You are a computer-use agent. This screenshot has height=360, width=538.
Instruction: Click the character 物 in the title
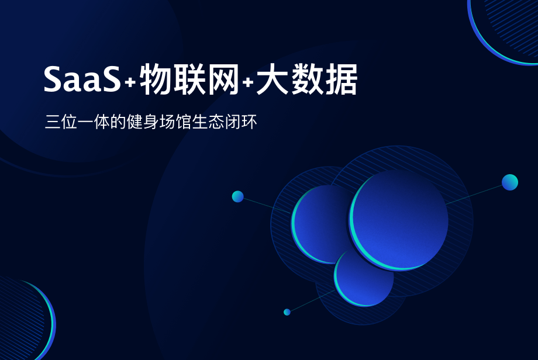[154, 80]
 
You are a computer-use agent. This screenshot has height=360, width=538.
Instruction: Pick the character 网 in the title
[224, 80]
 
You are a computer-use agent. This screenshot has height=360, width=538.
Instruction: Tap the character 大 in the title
[272, 80]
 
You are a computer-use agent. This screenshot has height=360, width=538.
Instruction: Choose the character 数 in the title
[307, 80]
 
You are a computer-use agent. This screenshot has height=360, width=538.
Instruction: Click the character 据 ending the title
[342, 80]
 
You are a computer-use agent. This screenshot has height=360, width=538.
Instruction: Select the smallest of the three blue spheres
[364, 277]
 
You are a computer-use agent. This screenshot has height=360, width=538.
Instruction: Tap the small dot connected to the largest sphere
[510, 182]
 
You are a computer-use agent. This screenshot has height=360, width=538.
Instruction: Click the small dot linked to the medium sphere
[237, 196]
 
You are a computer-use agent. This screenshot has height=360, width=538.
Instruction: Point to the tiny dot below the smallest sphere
[287, 312]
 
